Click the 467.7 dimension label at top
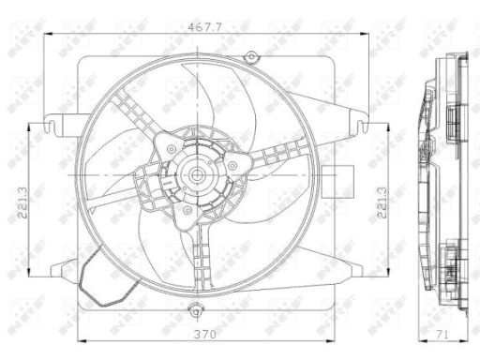(x=204, y=27)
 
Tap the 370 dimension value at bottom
(x=204, y=335)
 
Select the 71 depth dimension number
(x=442, y=335)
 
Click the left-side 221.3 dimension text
(x=22, y=202)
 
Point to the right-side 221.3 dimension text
(x=382, y=202)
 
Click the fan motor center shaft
(x=196, y=175)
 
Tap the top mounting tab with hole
(x=250, y=56)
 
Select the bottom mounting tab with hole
(x=196, y=311)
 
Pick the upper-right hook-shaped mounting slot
(x=363, y=125)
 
